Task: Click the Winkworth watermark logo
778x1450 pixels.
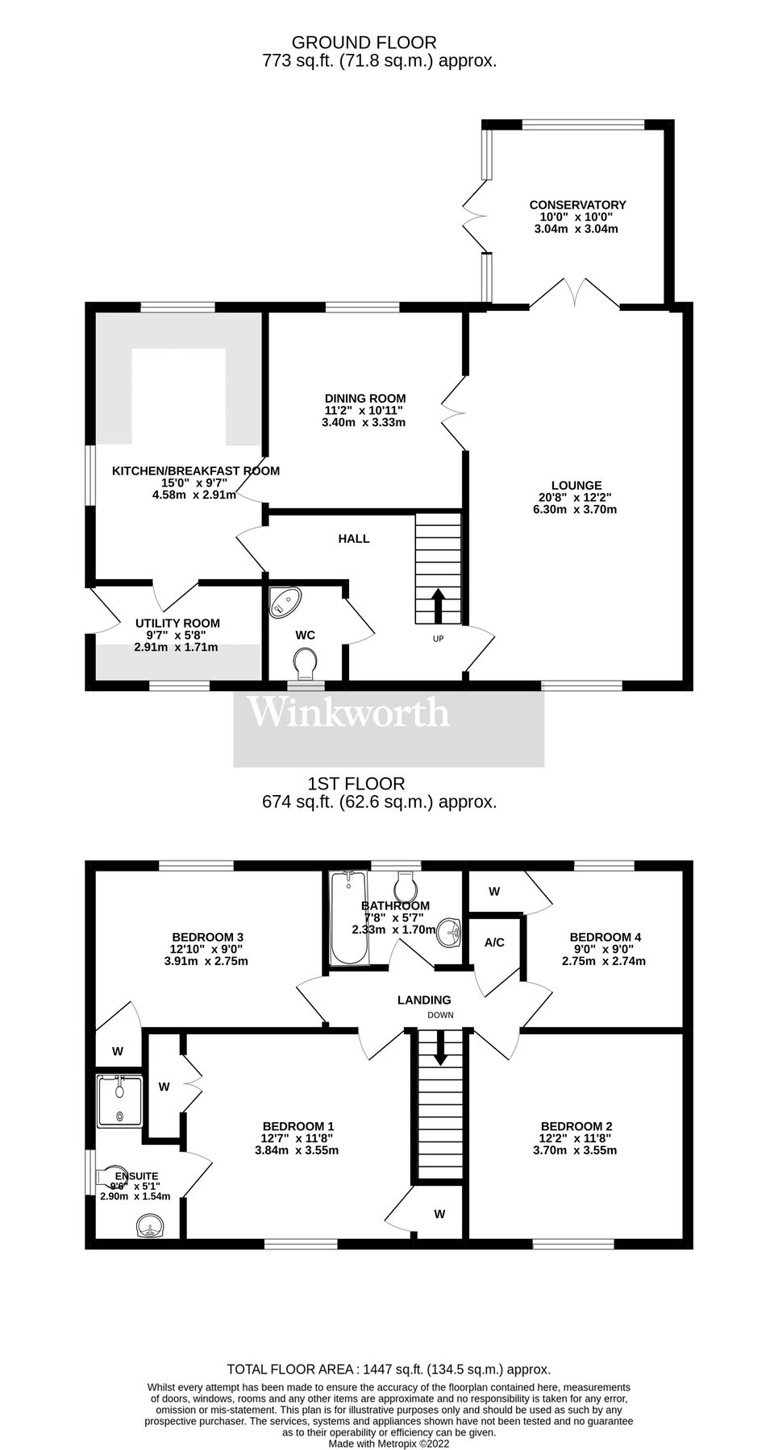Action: click(348, 712)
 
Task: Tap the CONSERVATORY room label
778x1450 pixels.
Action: click(577, 205)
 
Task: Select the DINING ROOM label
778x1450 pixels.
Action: click(365, 398)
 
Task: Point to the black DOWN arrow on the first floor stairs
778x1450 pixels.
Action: click(439, 1047)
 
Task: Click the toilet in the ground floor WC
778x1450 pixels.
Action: click(305, 665)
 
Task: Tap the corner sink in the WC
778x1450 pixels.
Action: click(285, 601)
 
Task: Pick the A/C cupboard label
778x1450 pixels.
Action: click(494, 942)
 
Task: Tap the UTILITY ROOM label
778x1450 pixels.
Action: click(177, 623)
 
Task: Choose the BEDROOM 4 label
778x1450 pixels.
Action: click(605, 937)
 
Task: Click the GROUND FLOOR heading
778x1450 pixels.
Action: click(364, 43)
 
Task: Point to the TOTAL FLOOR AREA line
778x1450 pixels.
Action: click(389, 1369)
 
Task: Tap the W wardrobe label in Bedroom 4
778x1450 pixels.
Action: click(494, 891)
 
